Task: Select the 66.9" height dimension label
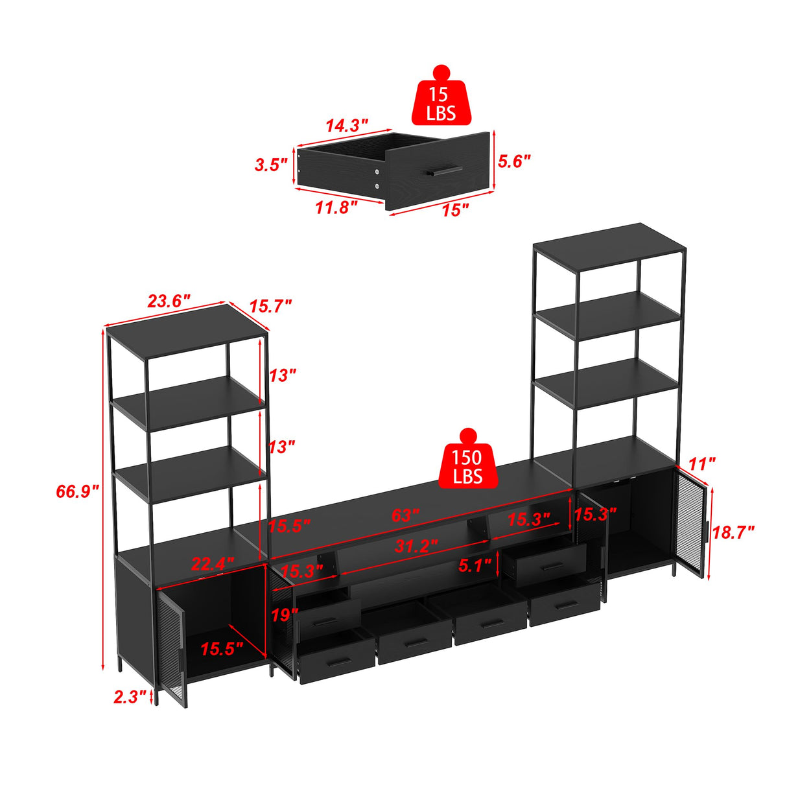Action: pos(77,491)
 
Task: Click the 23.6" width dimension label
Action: pos(169,301)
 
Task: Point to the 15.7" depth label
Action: pos(270,306)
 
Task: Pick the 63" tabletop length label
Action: pos(405,516)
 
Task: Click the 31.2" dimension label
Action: pos(416,546)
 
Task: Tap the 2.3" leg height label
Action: pos(130,697)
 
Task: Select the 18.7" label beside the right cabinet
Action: pos(733,533)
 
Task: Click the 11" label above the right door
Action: pos(701,464)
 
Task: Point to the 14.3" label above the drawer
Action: pos(347,125)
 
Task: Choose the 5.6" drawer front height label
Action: pos(514,161)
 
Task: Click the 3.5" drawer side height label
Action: pos(270,165)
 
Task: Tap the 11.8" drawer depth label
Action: pos(336,207)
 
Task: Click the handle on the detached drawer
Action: pos(445,171)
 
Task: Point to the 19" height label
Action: pos(284,615)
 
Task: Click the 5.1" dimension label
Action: pos(475,565)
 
